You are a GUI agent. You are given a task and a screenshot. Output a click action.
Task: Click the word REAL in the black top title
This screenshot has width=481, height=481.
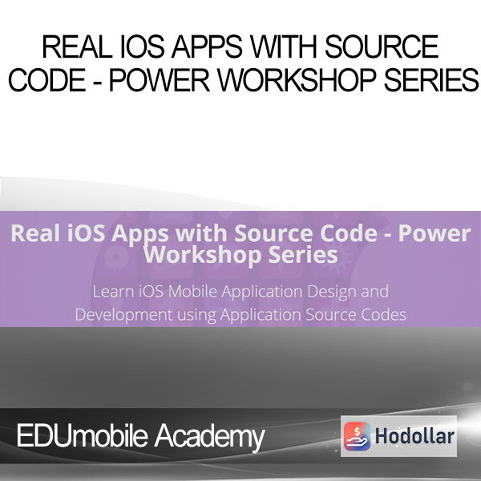click(77, 46)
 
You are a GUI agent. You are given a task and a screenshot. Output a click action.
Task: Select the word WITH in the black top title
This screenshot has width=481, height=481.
click(284, 46)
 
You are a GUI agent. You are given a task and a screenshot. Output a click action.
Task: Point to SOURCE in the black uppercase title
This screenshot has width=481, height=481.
click(382, 46)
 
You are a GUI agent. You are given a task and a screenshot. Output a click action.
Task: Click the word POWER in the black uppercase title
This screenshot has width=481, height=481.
click(160, 79)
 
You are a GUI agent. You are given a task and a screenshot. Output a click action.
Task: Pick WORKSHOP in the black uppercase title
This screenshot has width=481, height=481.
click(297, 79)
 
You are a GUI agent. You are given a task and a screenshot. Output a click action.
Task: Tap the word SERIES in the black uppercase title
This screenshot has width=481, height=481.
click(431, 79)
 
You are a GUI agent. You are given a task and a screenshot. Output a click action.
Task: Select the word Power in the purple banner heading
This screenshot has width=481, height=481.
click(435, 234)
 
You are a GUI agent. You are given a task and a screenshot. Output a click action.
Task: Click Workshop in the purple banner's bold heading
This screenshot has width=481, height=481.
click(203, 255)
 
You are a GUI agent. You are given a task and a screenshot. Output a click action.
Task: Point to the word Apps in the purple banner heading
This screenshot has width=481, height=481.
click(140, 235)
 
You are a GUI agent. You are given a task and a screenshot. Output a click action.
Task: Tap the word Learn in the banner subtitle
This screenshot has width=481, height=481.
click(113, 291)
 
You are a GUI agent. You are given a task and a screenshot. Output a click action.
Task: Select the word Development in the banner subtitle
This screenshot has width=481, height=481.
click(123, 315)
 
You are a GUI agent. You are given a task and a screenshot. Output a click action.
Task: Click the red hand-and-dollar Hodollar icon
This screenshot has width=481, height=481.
click(357, 436)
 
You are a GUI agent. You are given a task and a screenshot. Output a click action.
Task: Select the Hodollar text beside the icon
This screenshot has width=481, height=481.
click(414, 436)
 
